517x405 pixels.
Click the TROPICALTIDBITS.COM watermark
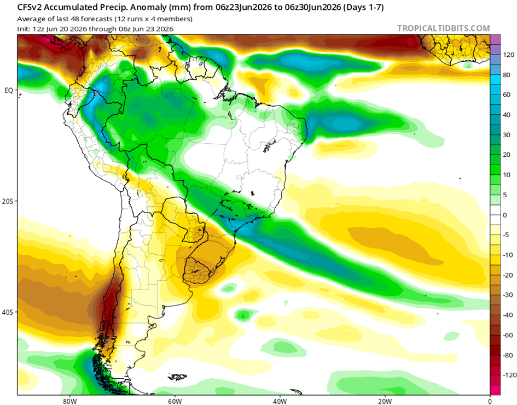444,28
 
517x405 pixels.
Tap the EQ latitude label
9,90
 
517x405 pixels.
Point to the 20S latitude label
8,201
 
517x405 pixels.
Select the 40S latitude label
8,312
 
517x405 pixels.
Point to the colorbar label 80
507,75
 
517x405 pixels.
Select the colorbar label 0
505,215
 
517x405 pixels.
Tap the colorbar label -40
508,315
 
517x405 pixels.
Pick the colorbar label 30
507,134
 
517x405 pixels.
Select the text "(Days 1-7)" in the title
363,7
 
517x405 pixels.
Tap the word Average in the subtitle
30,19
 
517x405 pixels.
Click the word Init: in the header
24,28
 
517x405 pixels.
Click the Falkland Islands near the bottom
177,377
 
